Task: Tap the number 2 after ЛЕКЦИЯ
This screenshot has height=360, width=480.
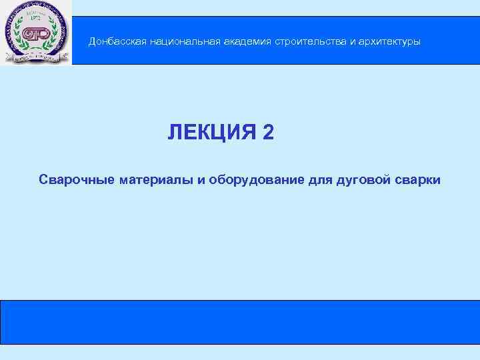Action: [268, 133]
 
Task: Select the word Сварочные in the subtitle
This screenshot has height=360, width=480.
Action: [77, 180]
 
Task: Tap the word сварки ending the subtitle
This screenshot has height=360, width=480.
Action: [418, 180]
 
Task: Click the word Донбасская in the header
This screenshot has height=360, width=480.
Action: [117, 42]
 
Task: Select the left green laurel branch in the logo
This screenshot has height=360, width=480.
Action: [19, 37]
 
